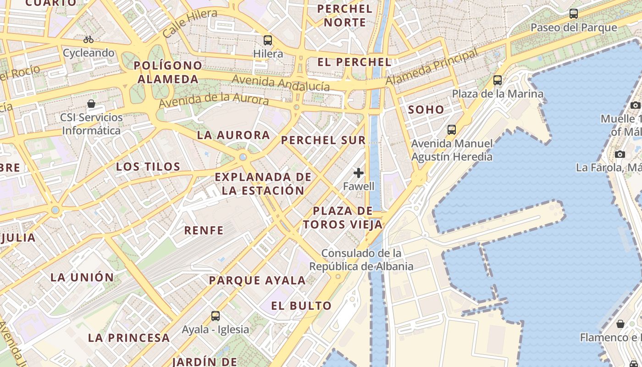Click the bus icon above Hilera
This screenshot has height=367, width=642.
coord(268,40)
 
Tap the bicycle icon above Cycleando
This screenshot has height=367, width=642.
coord(89,39)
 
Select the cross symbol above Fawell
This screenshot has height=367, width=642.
coord(359,173)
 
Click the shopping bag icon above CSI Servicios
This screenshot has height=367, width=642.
coord(91,104)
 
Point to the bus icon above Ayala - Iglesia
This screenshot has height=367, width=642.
coord(216,316)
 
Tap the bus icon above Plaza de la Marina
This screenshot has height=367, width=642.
coord(498,80)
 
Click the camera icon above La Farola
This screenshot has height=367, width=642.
coord(620,154)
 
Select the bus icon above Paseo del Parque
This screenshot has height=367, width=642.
coord(573,14)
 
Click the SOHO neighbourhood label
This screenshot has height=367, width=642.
coord(426,110)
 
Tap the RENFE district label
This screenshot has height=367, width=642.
coord(204,230)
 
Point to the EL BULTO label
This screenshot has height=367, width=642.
coord(301,306)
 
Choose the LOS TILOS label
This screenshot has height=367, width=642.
coord(148,167)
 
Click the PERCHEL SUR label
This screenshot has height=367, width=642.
coord(323,140)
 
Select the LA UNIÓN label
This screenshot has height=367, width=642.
coord(82,277)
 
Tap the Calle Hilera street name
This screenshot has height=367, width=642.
coord(190,23)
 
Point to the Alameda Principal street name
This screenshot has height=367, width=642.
coord(432,67)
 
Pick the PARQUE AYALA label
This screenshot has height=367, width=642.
coord(257,280)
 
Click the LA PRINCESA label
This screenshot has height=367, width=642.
coord(129,338)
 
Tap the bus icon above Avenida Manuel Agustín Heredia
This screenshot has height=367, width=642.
coord(452,130)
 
